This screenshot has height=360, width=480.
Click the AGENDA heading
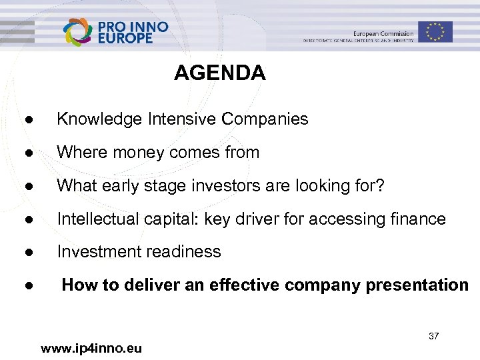point(219,73)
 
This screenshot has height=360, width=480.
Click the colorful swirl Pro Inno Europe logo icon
point(79,32)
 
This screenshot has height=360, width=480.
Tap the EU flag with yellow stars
point(435,31)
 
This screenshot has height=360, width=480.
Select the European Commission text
point(383,33)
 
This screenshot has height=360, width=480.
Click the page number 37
point(433,336)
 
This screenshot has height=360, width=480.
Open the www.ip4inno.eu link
point(91,348)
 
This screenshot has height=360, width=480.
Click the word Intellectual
point(97,219)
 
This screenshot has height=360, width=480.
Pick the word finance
point(417,219)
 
